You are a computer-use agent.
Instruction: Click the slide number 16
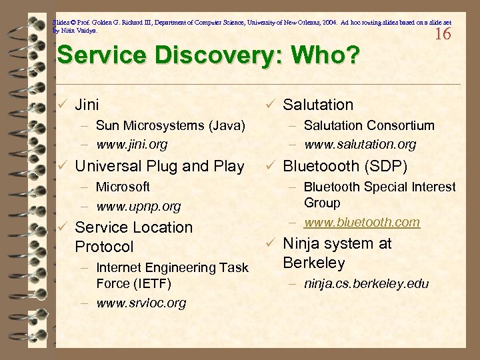tap(443, 34)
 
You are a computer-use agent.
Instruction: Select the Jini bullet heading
tap(87, 105)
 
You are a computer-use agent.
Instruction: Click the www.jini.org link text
tap(131, 144)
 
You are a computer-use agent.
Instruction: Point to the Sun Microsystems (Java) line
tap(170, 125)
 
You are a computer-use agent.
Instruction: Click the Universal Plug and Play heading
tap(159, 166)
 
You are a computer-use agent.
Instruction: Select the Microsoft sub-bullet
tap(123, 187)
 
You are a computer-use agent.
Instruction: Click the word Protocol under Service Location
tap(104, 247)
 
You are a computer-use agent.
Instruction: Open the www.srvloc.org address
tap(141, 303)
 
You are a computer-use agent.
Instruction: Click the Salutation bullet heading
tap(318, 105)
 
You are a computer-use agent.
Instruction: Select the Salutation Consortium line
tap(369, 125)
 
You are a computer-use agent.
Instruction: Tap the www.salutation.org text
tap(360, 144)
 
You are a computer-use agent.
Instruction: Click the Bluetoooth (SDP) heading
tap(345, 166)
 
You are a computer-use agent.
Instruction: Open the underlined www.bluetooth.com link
tap(362, 222)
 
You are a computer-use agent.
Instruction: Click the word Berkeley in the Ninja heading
tap(314, 263)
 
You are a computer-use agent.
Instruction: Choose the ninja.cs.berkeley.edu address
tap(366, 284)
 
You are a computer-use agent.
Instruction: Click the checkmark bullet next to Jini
tap(62, 105)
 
